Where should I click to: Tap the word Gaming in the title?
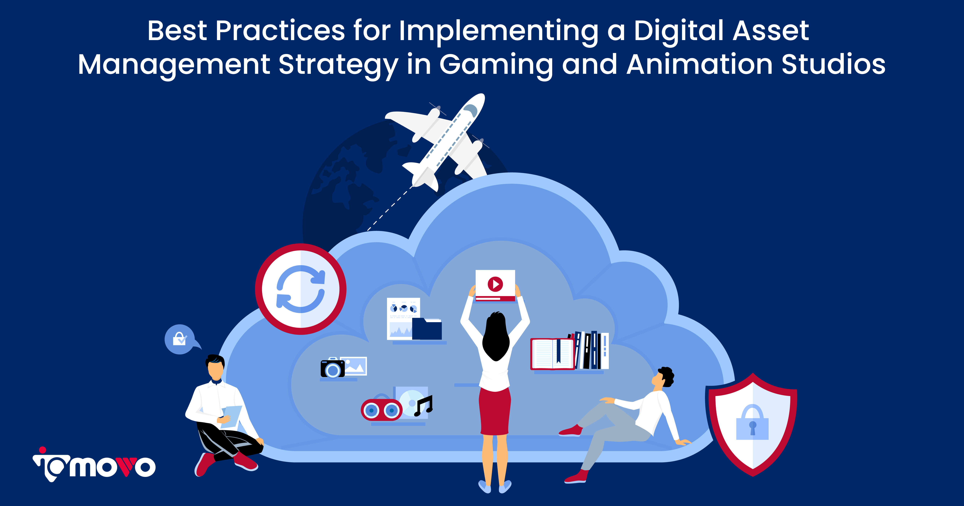(496, 65)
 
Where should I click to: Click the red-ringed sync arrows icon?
(300, 289)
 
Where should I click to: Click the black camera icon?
(332, 369)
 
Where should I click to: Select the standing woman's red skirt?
(495, 412)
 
